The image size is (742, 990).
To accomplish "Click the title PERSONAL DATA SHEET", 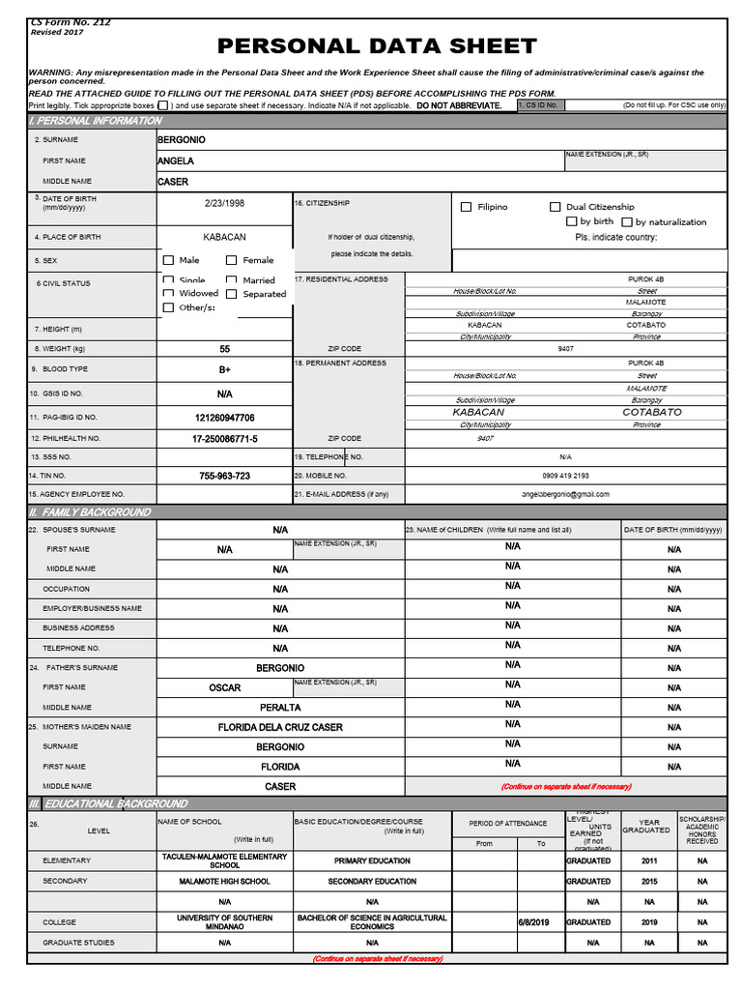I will click(x=377, y=45).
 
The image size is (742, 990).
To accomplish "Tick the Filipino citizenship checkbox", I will click(x=466, y=207).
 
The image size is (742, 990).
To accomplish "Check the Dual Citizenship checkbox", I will click(x=555, y=207).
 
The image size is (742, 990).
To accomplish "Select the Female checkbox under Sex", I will click(x=232, y=260).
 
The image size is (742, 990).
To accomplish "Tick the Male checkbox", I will click(x=168, y=260).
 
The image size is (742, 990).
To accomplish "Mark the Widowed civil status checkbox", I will click(x=168, y=293).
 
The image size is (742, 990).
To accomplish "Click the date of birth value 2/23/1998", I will click(x=224, y=204).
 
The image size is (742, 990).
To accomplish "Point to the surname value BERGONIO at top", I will click(x=182, y=140).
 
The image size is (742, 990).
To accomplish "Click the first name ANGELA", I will click(x=176, y=161).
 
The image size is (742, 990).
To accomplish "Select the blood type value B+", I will click(x=224, y=369).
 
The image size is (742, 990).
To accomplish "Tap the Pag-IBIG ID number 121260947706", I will click(x=224, y=418).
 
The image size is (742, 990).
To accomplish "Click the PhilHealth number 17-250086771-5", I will click(x=224, y=439).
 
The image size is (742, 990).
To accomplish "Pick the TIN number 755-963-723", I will click(x=224, y=476).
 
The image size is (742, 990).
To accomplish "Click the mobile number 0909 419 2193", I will click(x=565, y=476).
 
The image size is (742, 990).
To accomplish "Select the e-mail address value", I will click(x=565, y=494).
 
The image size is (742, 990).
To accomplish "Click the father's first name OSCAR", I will click(x=224, y=688).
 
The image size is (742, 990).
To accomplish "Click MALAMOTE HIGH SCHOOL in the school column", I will click(x=224, y=882).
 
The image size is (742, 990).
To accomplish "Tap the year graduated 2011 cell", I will click(x=648, y=860).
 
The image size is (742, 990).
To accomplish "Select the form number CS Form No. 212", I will click(x=71, y=22).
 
